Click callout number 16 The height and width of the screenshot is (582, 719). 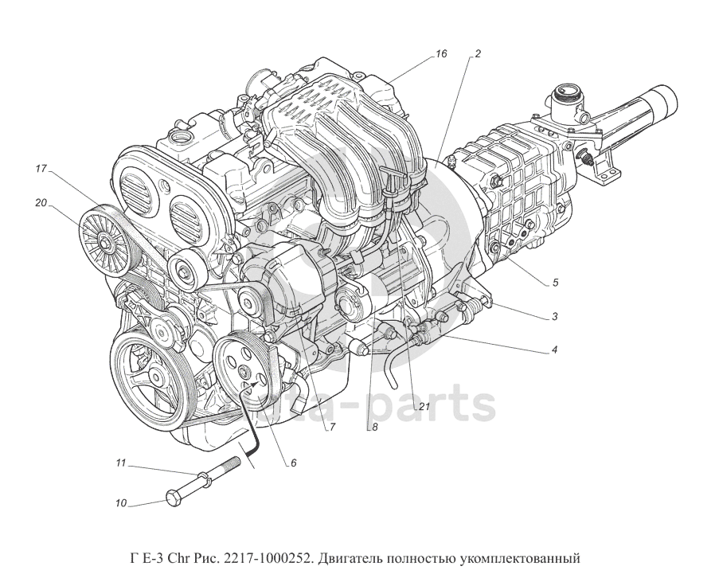(441, 54)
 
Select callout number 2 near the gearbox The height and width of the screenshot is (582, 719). (477, 54)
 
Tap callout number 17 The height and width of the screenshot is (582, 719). (42, 169)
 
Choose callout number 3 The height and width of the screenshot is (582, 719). (554, 316)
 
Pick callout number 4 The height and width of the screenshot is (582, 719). (554, 350)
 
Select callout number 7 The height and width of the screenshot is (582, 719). (332, 427)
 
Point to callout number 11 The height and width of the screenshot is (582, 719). (121, 463)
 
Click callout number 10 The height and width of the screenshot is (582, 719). (121, 503)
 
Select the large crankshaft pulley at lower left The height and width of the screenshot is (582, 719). (148, 372)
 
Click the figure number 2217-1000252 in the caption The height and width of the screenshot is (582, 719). (267, 557)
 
